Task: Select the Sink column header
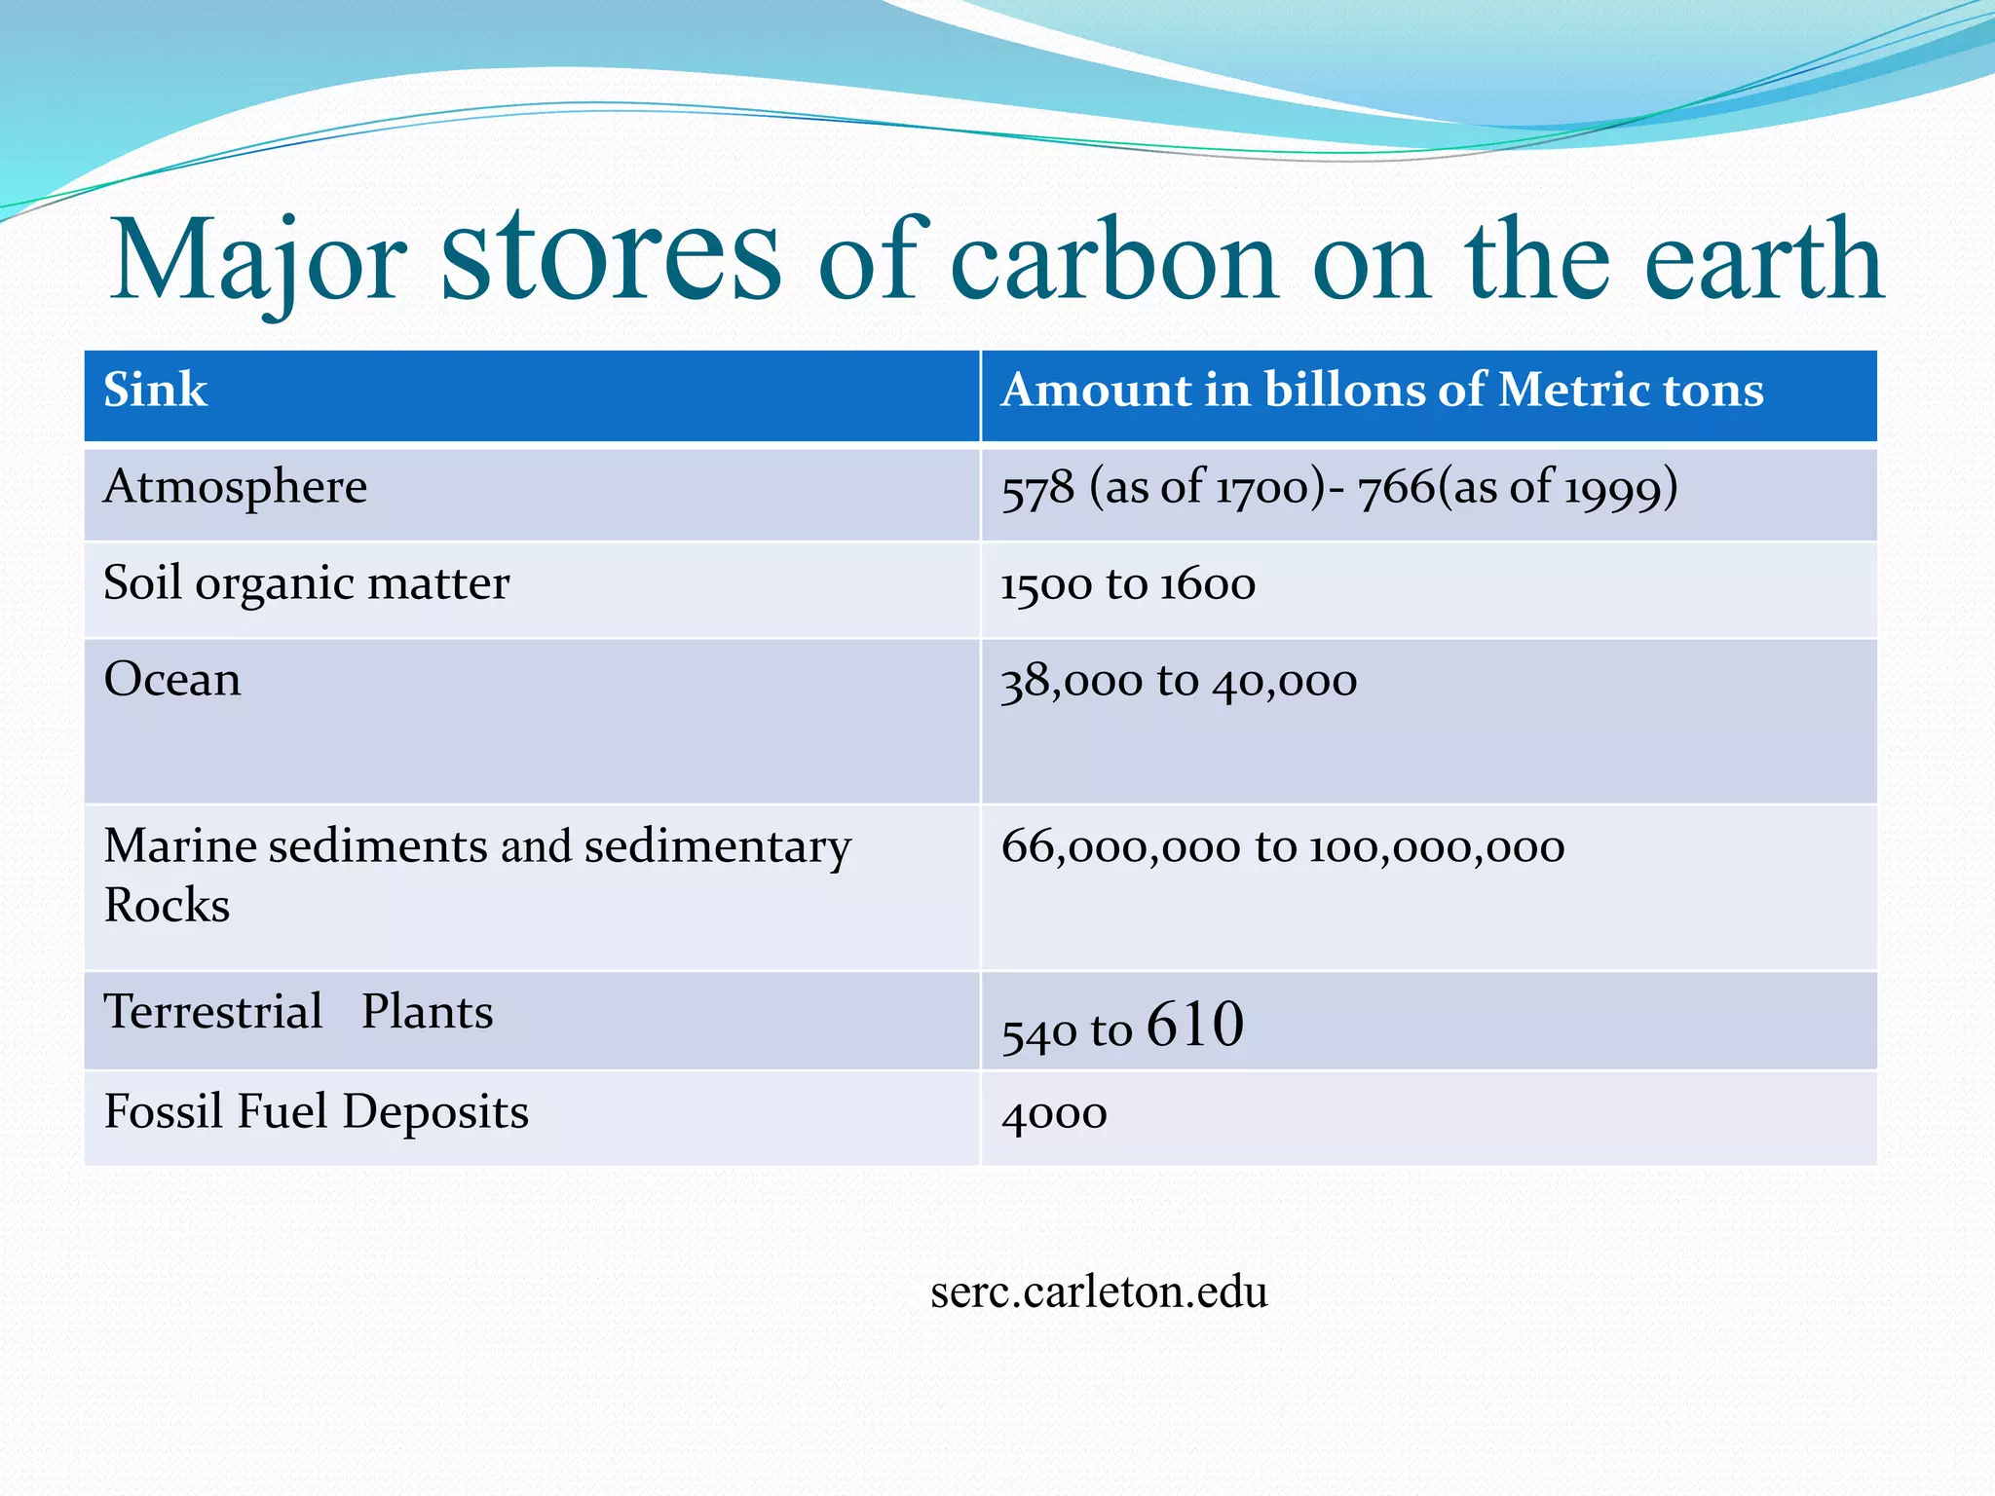[155, 390]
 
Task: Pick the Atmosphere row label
[235, 486]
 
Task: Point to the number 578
[1037, 487]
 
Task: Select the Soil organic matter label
[306, 583]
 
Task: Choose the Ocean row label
[171, 679]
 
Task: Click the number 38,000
[1071, 681]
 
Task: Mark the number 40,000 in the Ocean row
[1285, 681]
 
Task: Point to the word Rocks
[167, 905]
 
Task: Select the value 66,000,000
[1120, 846]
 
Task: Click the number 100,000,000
[1437, 846]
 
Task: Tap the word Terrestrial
[212, 1011]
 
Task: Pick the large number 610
[1195, 1025]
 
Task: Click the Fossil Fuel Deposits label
[316, 1111]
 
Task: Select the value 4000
[1054, 1113]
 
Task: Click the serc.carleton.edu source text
[1099, 1292]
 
